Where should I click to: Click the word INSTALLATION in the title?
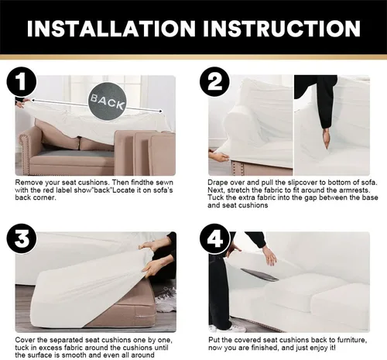coord(111,28)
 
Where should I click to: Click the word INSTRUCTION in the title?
coord(282,28)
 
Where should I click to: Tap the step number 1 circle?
coord(22,81)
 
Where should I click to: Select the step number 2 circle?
coord(214,81)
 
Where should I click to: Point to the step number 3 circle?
coord(22,238)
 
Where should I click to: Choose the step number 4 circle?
coord(214,238)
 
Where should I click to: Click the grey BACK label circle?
coord(108,101)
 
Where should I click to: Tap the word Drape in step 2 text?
coord(217,183)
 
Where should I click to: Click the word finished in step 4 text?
coord(265,348)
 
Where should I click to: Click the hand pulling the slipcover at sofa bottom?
coord(219,156)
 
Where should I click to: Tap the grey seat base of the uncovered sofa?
coord(75,153)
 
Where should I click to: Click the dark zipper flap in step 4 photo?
coord(259,275)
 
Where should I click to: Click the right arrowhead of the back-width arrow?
coord(160,111)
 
